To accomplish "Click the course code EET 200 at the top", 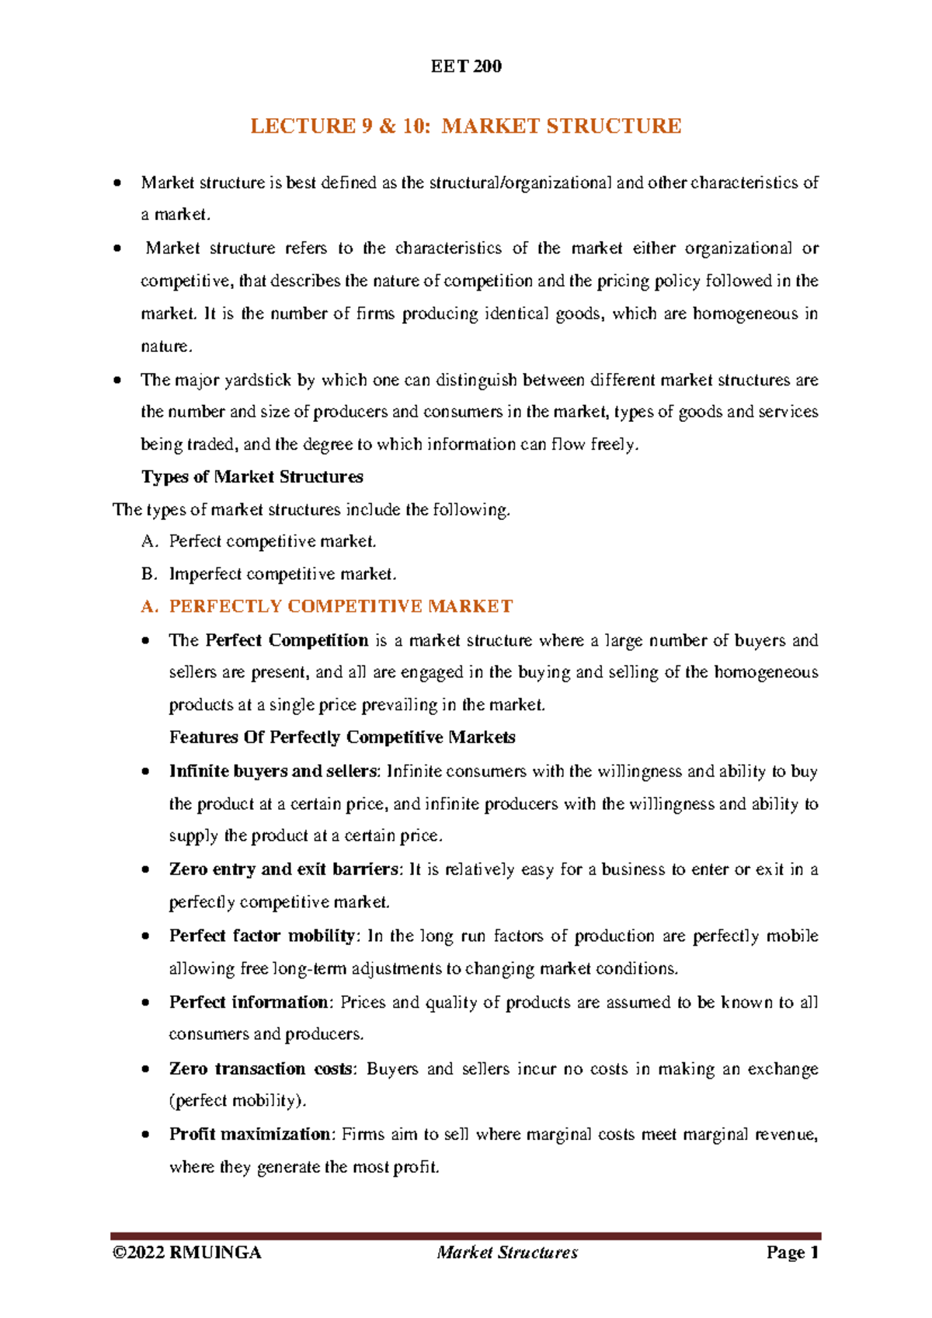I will [466, 67].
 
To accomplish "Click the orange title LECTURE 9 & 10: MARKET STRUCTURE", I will [465, 126].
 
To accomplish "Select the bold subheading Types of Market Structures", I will [252, 476].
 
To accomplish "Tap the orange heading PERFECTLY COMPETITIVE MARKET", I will [340, 606].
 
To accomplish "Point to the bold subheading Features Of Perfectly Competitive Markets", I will [342, 737].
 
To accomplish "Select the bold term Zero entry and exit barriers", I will [284, 869].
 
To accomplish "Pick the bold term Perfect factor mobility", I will [263, 936].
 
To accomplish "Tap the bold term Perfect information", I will [249, 1002].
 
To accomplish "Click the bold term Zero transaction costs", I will [261, 1069].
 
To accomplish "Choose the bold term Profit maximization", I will [251, 1134].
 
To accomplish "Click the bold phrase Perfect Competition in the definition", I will [287, 640].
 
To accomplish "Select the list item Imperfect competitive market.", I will [283, 574].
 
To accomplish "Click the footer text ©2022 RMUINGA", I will [186, 1252].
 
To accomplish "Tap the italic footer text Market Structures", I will [507, 1252].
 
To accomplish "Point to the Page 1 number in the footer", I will [792, 1252].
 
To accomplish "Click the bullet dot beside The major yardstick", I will [116, 381].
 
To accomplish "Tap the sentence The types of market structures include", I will [311, 510].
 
